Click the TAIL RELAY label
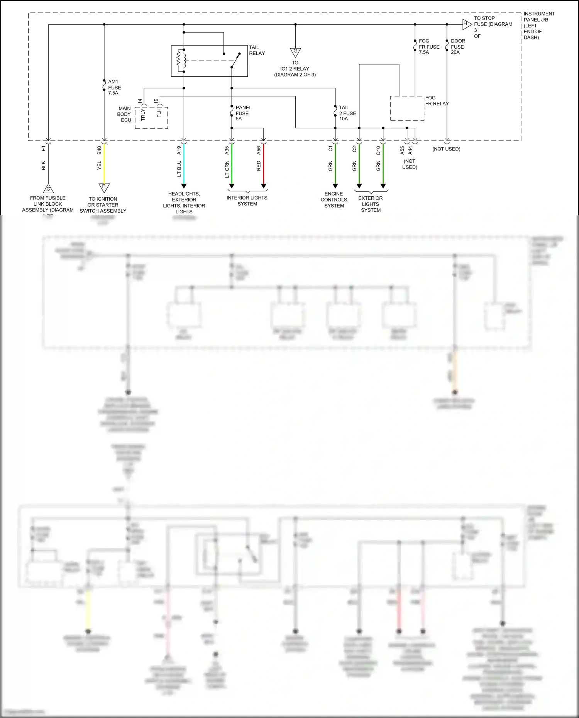[257, 50]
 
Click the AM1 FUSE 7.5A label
[114, 88]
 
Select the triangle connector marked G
[295, 52]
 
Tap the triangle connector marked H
[467, 24]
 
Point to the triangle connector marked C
[48, 189]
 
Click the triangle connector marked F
[104, 187]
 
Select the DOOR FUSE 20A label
[458, 47]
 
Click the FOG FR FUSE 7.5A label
[429, 47]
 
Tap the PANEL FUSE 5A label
[243, 113]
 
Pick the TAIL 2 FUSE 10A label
[347, 113]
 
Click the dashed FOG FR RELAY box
[407, 108]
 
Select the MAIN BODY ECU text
[124, 114]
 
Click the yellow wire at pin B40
[104, 164]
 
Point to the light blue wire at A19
[184, 164]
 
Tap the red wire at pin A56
[264, 164]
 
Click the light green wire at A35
[232, 164]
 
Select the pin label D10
[378, 150]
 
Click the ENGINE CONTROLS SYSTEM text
[334, 200]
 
